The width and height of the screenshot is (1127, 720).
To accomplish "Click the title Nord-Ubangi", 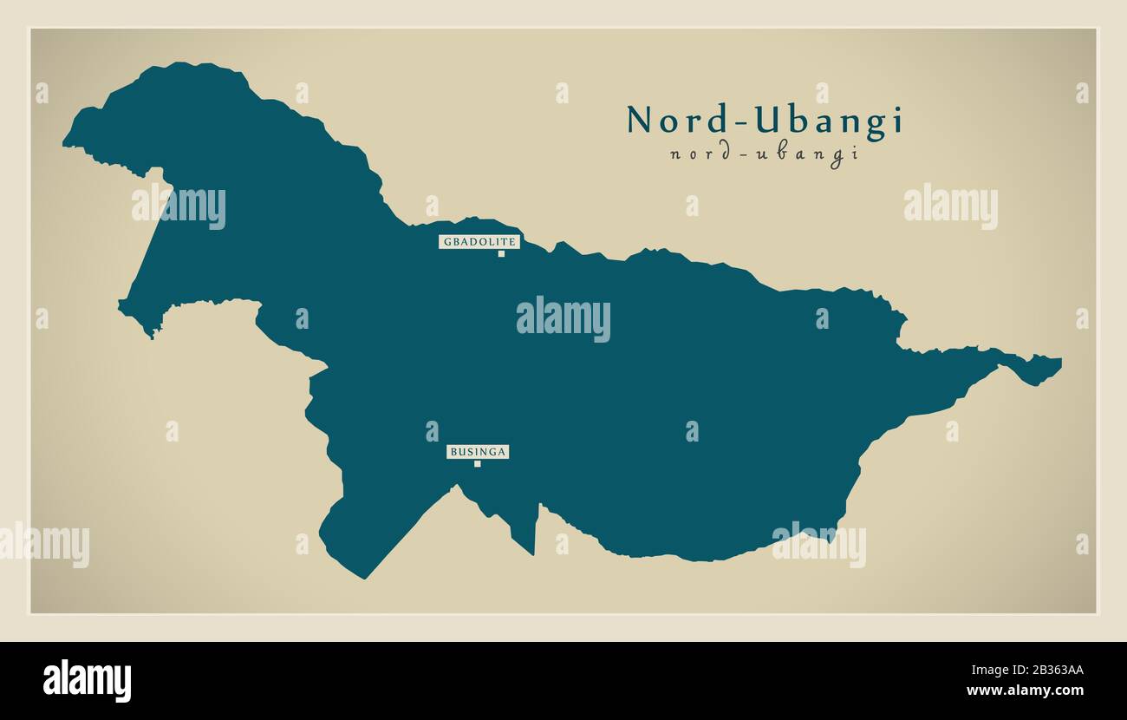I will [x=764, y=121].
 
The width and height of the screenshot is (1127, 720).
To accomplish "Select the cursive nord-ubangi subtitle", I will [x=764, y=155].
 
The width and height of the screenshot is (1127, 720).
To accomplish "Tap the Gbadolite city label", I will [x=479, y=242].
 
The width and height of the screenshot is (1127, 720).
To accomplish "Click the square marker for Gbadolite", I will [x=501, y=254].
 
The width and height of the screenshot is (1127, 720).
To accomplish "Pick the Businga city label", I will [x=478, y=452].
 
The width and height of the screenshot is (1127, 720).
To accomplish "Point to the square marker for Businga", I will [x=477, y=464].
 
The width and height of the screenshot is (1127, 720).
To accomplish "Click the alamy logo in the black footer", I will [x=87, y=681].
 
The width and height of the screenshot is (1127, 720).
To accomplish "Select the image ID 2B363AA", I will [x=1039, y=671].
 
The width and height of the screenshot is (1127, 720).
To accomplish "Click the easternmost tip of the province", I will [x=1059, y=360].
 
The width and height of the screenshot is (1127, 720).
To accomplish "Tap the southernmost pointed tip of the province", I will [x=365, y=577].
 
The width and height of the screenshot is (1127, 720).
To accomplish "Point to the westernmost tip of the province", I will [x=65, y=143].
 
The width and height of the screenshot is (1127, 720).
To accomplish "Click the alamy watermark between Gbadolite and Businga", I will [x=563, y=319].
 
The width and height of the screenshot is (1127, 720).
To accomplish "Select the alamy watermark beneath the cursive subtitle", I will [x=950, y=206].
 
